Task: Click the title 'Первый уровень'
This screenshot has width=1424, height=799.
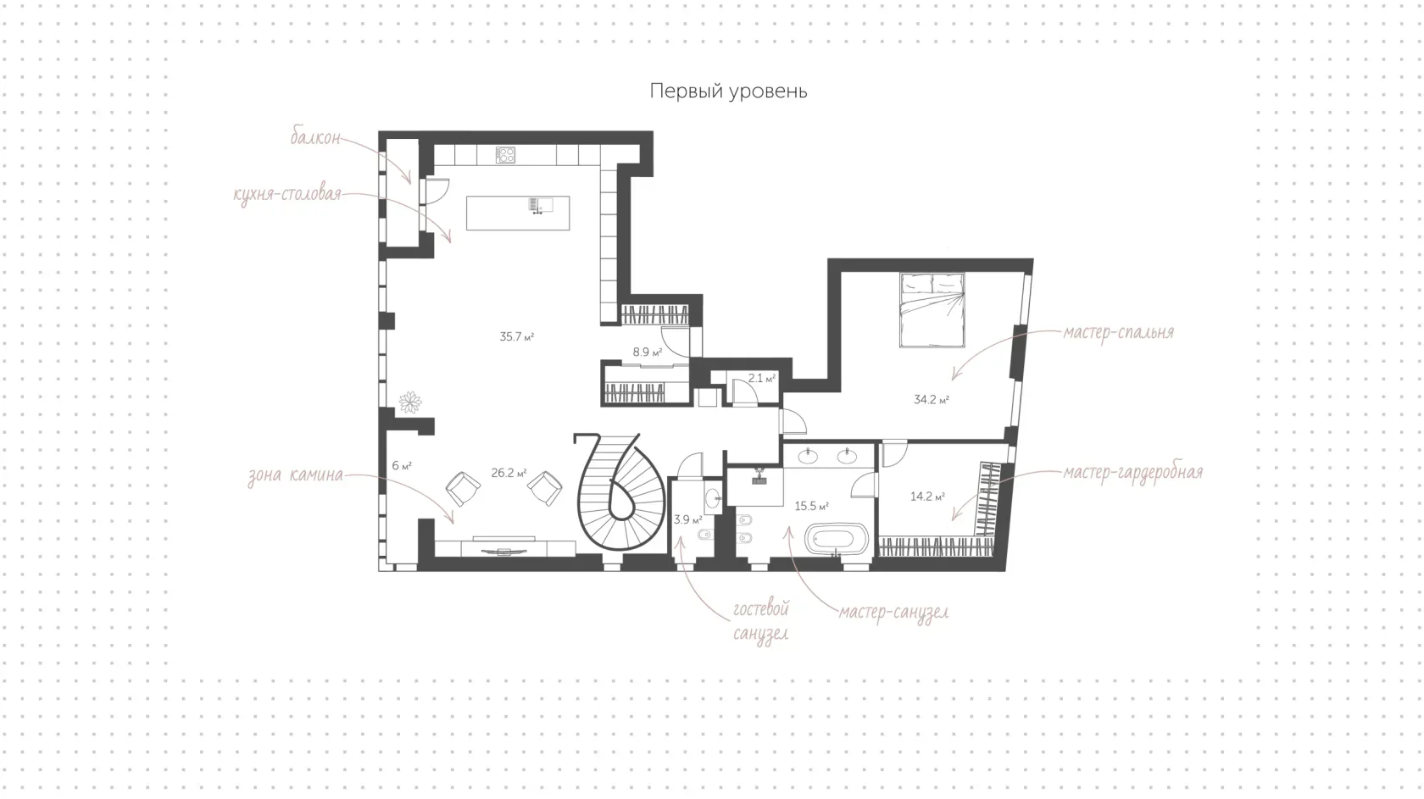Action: (x=729, y=92)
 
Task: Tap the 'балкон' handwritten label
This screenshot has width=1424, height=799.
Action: (x=315, y=137)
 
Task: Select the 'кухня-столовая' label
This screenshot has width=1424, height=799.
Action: (x=287, y=194)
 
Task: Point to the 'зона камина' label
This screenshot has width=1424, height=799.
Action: (x=296, y=474)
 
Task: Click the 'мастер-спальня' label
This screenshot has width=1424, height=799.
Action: (x=1118, y=332)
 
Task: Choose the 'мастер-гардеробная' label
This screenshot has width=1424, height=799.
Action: (x=1132, y=473)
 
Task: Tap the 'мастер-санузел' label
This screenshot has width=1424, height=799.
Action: (x=893, y=613)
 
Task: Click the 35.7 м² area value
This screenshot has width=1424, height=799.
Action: (x=517, y=337)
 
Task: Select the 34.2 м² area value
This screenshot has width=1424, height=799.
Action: (x=932, y=400)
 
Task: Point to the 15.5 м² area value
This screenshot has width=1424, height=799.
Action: (x=812, y=507)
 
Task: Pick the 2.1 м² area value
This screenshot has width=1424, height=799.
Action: (x=761, y=378)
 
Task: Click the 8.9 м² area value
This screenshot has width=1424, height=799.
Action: (x=648, y=352)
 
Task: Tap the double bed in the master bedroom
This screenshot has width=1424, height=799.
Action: (x=932, y=310)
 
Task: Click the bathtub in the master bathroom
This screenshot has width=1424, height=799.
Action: (x=837, y=540)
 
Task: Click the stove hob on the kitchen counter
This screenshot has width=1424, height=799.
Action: (x=505, y=155)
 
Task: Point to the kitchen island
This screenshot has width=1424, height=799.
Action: (x=518, y=213)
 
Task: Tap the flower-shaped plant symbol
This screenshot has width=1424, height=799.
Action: (x=410, y=402)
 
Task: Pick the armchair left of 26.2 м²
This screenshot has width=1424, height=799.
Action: (x=463, y=488)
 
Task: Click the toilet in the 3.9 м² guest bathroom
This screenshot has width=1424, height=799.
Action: (x=705, y=535)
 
